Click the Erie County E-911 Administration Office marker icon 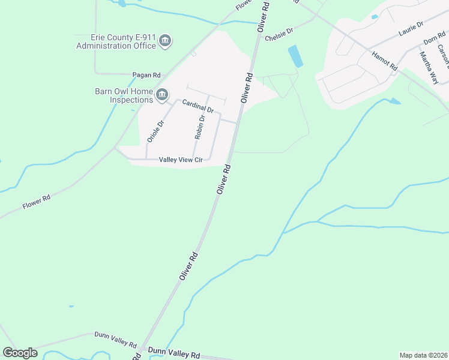[x=165, y=41]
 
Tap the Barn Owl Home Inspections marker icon [x=162, y=95]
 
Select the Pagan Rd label [x=147, y=75]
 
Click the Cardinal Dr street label [x=199, y=106]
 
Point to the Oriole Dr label [x=155, y=131]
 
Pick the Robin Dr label [x=200, y=127]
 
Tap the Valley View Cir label [x=182, y=160]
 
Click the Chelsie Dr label [x=279, y=31]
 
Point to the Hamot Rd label [x=385, y=62]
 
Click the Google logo [x=20, y=353]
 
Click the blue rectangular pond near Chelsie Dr [x=296, y=56]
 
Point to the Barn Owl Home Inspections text [x=124, y=95]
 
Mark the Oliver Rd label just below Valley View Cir [x=224, y=179]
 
